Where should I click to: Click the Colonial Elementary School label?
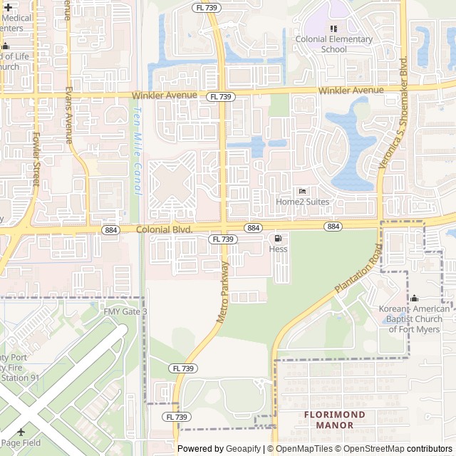point(333,44)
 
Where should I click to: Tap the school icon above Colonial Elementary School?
point(333,28)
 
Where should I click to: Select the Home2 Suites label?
point(303,202)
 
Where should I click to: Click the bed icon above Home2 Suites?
point(303,191)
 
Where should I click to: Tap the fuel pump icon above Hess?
point(278,239)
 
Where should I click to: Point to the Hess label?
point(278,249)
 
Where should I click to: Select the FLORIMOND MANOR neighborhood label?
point(334,420)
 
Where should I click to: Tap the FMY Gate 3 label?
point(125,312)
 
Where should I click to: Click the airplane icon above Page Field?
point(21,432)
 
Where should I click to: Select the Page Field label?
point(20,444)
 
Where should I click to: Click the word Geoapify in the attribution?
point(244,449)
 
